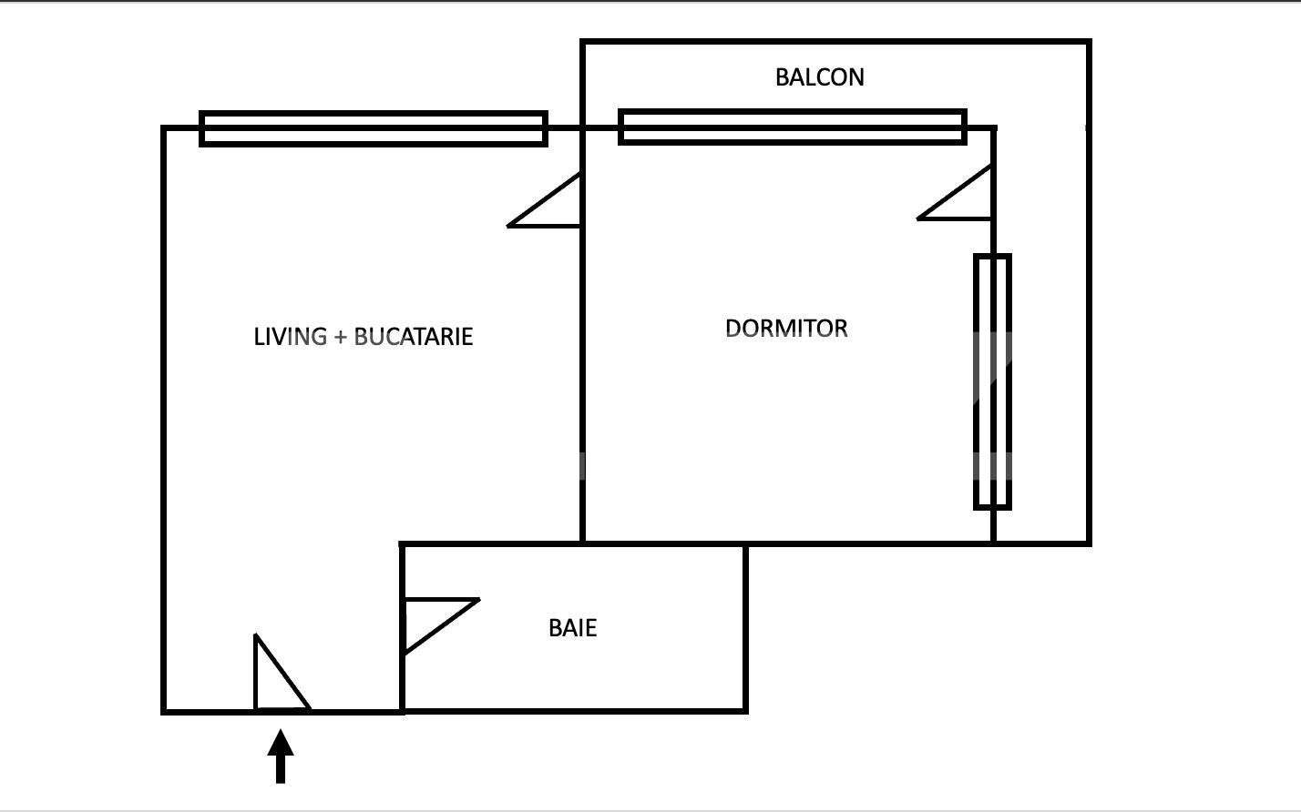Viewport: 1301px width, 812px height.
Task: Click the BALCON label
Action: [819, 77]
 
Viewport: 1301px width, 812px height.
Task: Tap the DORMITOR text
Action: [786, 329]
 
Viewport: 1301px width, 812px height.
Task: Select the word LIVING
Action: [290, 337]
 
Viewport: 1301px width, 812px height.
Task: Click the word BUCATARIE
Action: [413, 337]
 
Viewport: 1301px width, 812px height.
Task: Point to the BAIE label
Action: [572, 628]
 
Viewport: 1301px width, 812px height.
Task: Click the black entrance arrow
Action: [281, 756]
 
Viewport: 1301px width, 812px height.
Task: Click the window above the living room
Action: [374, 128]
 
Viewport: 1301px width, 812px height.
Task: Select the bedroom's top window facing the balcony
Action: [792, 127]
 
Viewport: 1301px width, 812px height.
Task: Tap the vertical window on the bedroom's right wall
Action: [992, 381]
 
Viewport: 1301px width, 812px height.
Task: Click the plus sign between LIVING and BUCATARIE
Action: [340, 338]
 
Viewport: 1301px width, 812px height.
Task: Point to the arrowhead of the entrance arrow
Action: [281, 742]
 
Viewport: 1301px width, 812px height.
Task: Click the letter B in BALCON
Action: [782, 77]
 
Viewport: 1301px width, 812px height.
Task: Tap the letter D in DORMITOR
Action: [732, 329]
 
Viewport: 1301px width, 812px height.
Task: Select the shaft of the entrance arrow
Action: [281, 769]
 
